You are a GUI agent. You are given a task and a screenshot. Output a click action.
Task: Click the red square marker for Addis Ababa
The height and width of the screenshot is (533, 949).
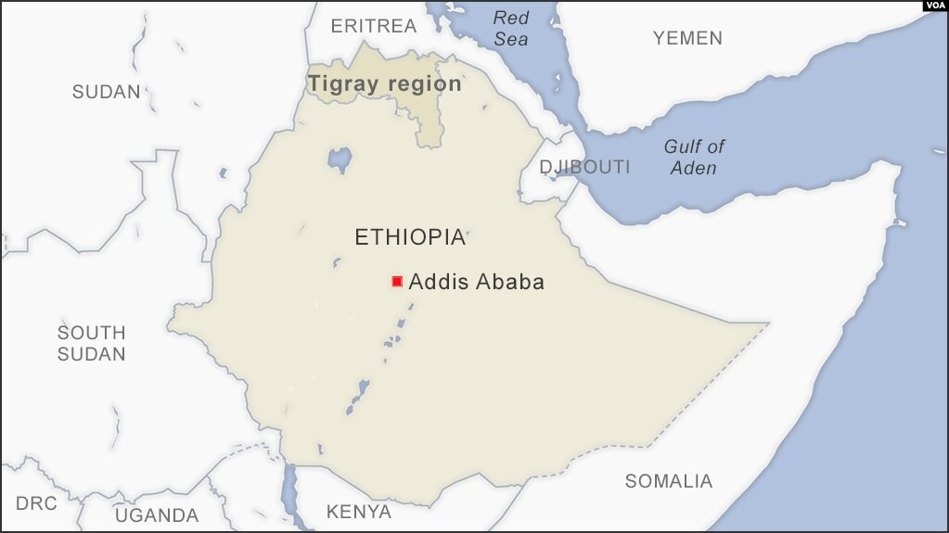pos(397,281)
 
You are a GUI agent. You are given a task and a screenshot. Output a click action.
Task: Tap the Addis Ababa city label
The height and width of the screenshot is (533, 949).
pos(476,282)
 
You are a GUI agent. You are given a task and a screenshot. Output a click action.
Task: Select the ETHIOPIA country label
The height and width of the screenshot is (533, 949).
pos(409,237)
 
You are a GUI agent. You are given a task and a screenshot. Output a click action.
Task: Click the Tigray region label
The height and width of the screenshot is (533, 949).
pos(384,83)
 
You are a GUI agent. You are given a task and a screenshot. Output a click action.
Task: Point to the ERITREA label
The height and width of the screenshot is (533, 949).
pos(374,26)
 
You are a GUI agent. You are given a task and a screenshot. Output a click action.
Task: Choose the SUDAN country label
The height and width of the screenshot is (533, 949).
pos(107,92)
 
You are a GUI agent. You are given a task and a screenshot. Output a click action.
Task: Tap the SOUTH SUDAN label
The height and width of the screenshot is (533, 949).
pos(91,343)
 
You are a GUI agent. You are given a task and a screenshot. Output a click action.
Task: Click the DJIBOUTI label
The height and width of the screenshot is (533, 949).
pos(584,167)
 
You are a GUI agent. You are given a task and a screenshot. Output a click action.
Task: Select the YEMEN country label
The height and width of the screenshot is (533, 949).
pos(686,38)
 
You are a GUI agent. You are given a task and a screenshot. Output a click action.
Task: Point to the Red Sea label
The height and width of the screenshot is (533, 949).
pos(510,28)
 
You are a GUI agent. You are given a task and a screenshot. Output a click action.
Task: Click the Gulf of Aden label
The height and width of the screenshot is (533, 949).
pos(694,157)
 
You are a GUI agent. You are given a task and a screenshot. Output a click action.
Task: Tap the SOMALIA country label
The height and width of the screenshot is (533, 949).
pos(668,481)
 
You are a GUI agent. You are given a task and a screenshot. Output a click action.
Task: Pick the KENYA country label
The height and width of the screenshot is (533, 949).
pos(358,512)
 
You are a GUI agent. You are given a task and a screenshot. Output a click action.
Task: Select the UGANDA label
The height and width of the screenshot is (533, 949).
pos(157,515)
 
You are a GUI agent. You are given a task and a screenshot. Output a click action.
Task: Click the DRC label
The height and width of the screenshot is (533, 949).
pos(36,503)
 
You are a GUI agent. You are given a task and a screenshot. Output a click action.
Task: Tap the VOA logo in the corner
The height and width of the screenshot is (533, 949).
pos(934,6)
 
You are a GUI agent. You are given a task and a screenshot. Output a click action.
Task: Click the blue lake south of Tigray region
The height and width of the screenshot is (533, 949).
pos(340,159)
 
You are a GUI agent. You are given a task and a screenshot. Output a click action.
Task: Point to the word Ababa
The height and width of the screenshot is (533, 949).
pos(509,282)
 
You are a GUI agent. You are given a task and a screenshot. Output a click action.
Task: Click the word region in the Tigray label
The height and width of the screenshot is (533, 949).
pos(425,83)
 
